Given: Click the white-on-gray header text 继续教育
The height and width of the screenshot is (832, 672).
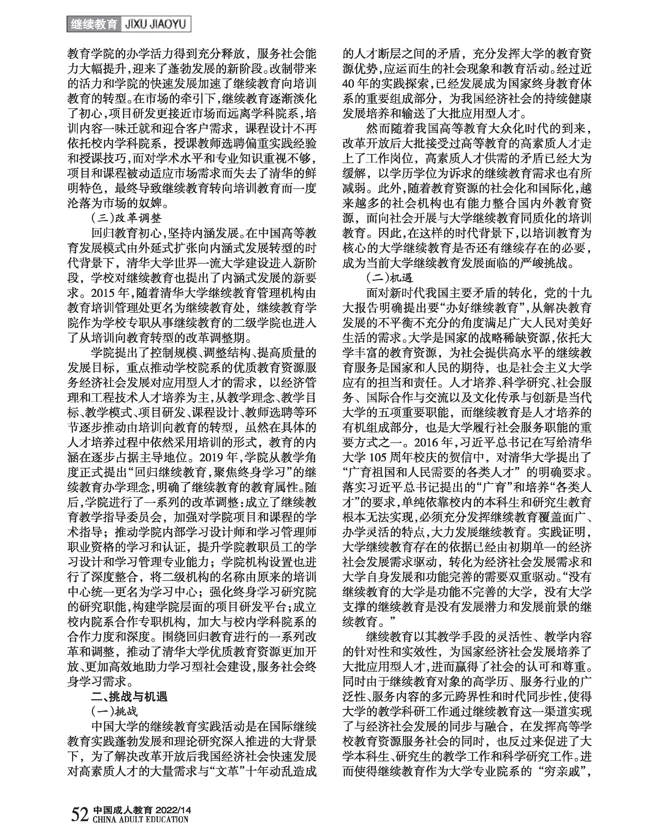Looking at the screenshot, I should [94, 24].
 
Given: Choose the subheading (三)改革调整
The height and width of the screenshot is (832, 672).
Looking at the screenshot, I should [126, 218].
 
